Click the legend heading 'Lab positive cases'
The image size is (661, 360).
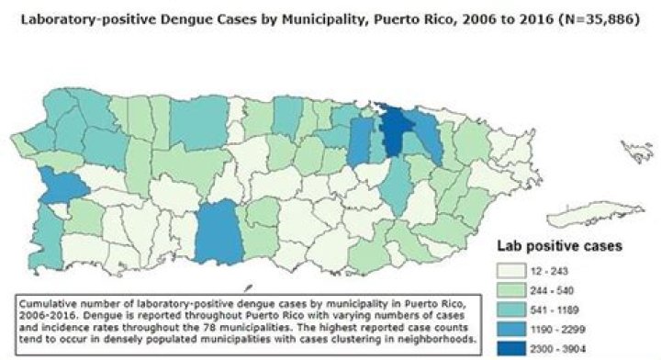point(561,246)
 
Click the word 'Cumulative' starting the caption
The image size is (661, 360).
point(46,301)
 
